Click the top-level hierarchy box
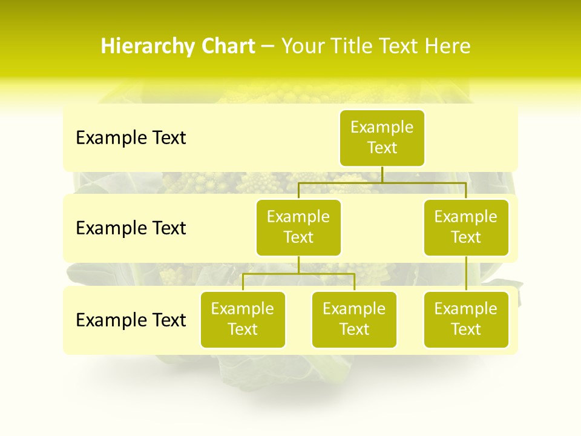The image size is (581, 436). (x=382, y=137)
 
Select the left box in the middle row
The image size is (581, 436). (x=298, y=227)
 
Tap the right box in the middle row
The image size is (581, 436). (x=466, y=227)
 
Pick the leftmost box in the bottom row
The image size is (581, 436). (x=243, y=319)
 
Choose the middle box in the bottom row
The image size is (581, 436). (x=354, y=319)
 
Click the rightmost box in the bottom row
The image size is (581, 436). (x=466, y=319)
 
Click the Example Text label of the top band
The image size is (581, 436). (x=131, y=138)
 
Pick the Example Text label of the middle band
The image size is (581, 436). (x=131, y=228)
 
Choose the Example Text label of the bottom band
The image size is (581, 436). (x=131, y=320)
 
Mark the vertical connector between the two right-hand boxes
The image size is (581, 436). (x=466, y=274)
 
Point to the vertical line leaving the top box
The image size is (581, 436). (x=382, y=174)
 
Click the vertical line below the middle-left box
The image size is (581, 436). (x=298, y=265)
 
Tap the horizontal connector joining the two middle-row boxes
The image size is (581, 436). (x=382, y=182)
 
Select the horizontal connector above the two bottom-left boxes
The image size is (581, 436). (x=298, y=274)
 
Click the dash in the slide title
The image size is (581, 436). (x=268, y=47)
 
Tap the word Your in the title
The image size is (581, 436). (x=300, y=47)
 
